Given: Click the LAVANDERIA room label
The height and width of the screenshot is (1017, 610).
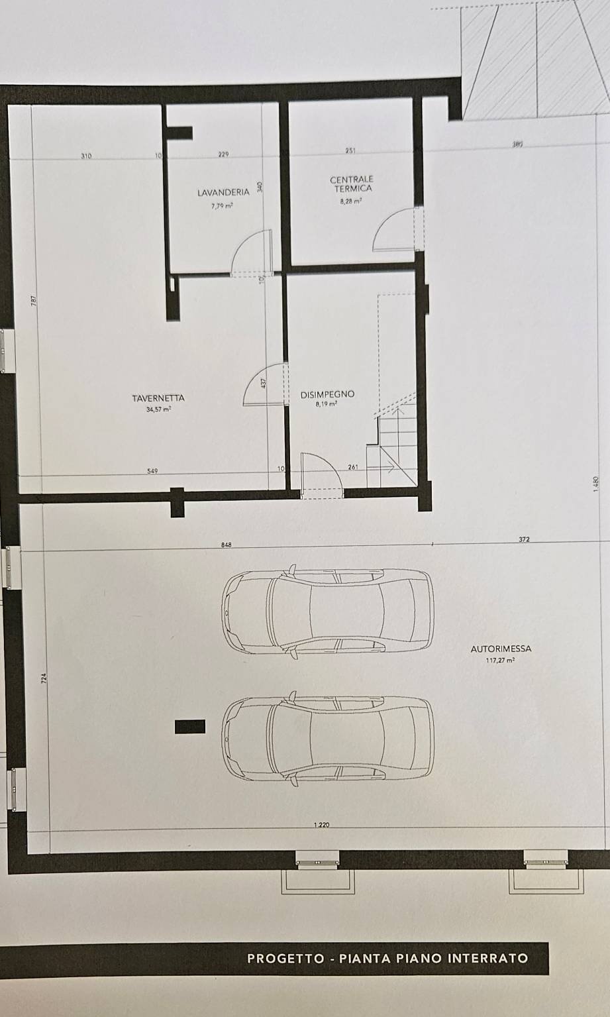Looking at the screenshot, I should click(x=223, y=193).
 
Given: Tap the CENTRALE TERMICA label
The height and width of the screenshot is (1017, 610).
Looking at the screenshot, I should click(x=352, y=184).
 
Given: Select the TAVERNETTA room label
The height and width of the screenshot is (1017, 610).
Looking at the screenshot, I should click(x=158, y=398).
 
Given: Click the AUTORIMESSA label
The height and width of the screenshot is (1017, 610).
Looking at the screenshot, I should click(x=501, y=649).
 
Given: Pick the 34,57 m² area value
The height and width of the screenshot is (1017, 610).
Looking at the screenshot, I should click(x=158, y=409).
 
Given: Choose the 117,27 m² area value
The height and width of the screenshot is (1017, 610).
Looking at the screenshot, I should click(x=501, y=661).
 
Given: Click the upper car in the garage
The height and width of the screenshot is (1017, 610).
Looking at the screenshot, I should click(x=328, y=610).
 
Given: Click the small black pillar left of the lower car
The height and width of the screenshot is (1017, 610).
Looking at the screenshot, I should click(x=189, y=727).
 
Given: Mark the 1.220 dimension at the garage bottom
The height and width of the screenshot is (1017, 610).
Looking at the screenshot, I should click(x=321, y=825).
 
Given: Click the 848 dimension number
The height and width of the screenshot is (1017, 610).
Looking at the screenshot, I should click(x=227, y=545).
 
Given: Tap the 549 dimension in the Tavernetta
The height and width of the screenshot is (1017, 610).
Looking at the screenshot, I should click(x=152, y=471).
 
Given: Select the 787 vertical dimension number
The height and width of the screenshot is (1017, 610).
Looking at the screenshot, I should click(x=34, y=301).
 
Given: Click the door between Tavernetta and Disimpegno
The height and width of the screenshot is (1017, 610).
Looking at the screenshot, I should click(x=265, y=384).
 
